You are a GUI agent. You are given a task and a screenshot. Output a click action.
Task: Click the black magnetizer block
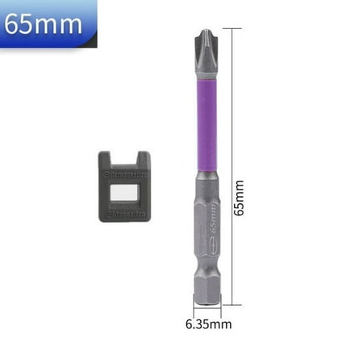[124, 186]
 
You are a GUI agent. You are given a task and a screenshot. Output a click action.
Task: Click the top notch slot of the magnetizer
[124, 161]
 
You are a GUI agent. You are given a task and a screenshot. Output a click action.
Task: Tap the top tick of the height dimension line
[232, 29]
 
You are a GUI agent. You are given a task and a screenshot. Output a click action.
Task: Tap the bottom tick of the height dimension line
[232, 305]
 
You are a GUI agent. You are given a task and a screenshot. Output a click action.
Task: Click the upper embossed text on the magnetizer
[124, 173]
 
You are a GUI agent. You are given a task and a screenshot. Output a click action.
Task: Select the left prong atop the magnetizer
[107, 160]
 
